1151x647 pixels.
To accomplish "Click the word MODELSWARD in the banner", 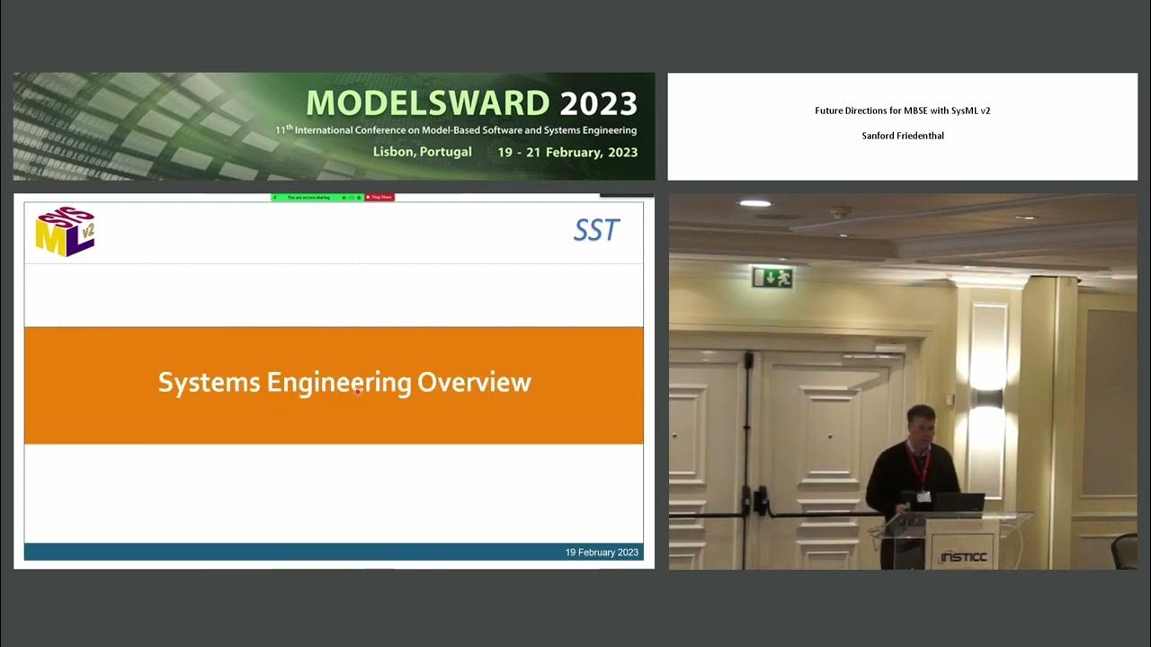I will (x=428, y=103).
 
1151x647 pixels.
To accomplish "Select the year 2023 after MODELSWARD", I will (x=598, y=103).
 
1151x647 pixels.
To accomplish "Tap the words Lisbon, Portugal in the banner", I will (x=422, y=152).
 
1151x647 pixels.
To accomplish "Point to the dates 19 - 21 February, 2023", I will (x=567, y=152).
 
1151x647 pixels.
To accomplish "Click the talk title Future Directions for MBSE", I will (x=902, y=111).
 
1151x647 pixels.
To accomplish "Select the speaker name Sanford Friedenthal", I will (x=902, y=136).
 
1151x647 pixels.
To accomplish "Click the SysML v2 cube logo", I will (x=65, y=233).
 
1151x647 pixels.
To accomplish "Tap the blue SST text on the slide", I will (x=596, y=231).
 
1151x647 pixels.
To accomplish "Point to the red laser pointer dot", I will (x=358, y=391).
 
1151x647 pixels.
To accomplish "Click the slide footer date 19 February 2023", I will (x=602, y=552).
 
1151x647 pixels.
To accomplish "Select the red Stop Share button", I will (x=379, y=197).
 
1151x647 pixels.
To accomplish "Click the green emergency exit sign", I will (x=772, y=277).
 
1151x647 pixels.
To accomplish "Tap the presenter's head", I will (x=921, y=424).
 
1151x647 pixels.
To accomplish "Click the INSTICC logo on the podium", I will (x=964, y=556).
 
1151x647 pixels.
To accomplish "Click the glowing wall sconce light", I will (x=987, y=395).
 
